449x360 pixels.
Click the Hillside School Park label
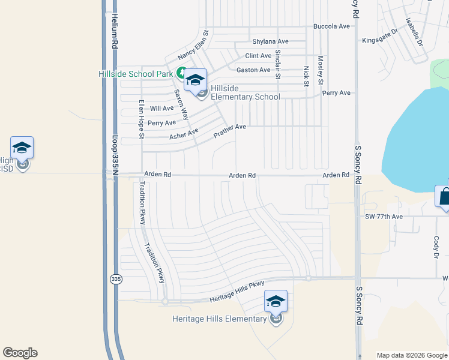pos(136,74)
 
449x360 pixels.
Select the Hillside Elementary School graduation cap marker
pos(195,80)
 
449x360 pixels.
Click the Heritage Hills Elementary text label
pos(219,319)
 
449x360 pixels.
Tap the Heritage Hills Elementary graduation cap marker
pos(276,301)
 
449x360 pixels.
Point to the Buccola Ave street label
pos(331,26)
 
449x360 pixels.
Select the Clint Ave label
pos(259,56)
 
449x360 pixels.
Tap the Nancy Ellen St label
pos(192,46)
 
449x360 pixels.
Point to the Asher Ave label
pos(184,134)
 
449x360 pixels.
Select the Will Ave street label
pos(161,109)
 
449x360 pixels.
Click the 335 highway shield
pos(114,279)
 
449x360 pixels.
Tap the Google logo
pos(20,353)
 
